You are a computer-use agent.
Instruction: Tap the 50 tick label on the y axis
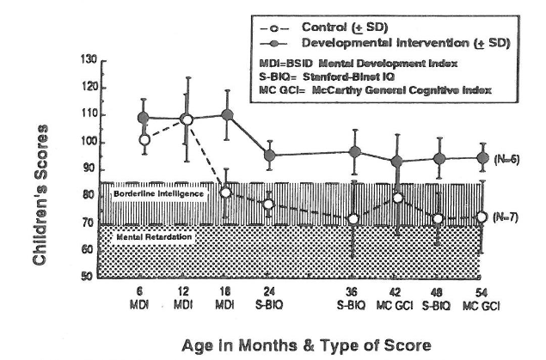tap(89, 278)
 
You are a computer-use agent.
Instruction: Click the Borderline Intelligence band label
tap(157, 194)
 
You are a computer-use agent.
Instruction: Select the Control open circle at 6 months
tap(144, 139)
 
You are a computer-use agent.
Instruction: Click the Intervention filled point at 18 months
tap(227, 115)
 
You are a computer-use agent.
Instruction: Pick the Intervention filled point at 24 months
tap(269, 156)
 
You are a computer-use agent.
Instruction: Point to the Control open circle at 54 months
tap(482, 217)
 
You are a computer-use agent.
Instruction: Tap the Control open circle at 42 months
tap(397, 198)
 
